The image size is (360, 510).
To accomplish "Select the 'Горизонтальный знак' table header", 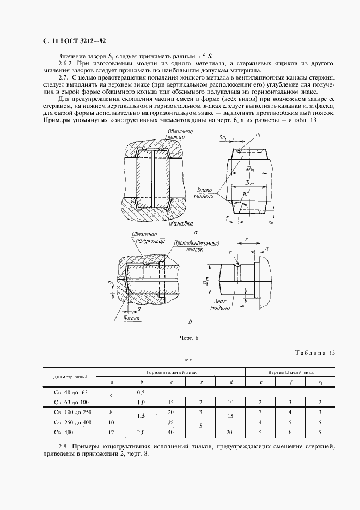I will click(x=170, y=372).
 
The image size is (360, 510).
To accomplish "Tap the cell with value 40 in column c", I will click(x=171, y=432).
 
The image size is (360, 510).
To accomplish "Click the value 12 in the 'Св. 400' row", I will click(x=111, y=432).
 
